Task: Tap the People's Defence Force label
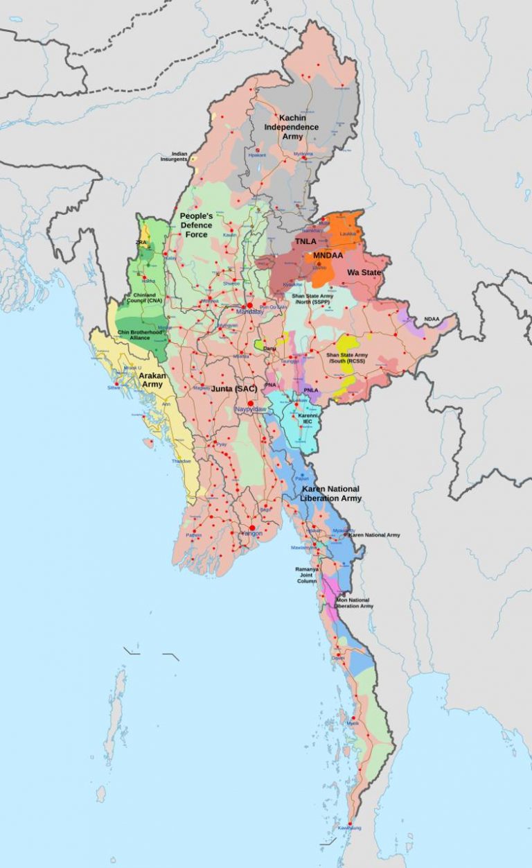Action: (x=197, y=225)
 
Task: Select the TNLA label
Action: (x=305, y=241)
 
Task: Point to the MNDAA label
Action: (x=329, y=256)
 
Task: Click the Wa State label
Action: (x=364, y=272)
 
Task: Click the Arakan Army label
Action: (x=152, y=379)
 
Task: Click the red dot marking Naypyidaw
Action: (x=251, y=403)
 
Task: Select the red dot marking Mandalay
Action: (x=249, y=305)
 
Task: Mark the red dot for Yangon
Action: (x=252, y=528)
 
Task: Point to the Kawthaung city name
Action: (x=349, y=828)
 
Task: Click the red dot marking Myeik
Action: (x=354, y=718)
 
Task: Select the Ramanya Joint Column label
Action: (x=306, y=575)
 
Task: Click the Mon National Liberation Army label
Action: (x=354, y=603)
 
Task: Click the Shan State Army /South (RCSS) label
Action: (x=347, y=357)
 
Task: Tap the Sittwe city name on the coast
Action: (x=114, y=388)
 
